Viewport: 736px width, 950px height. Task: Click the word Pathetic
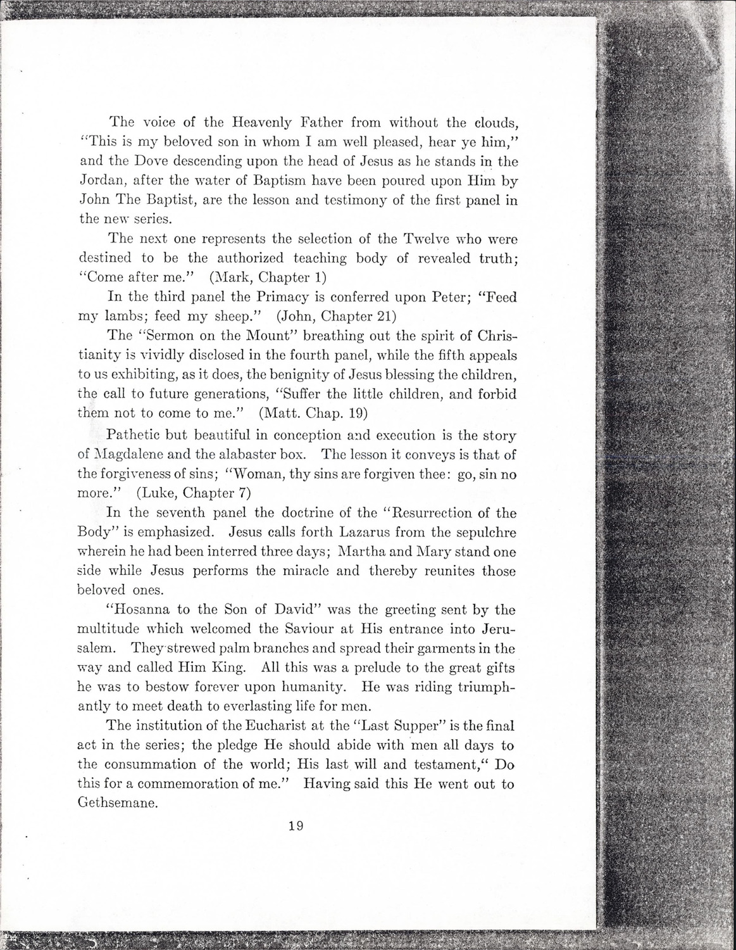point(136,436)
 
